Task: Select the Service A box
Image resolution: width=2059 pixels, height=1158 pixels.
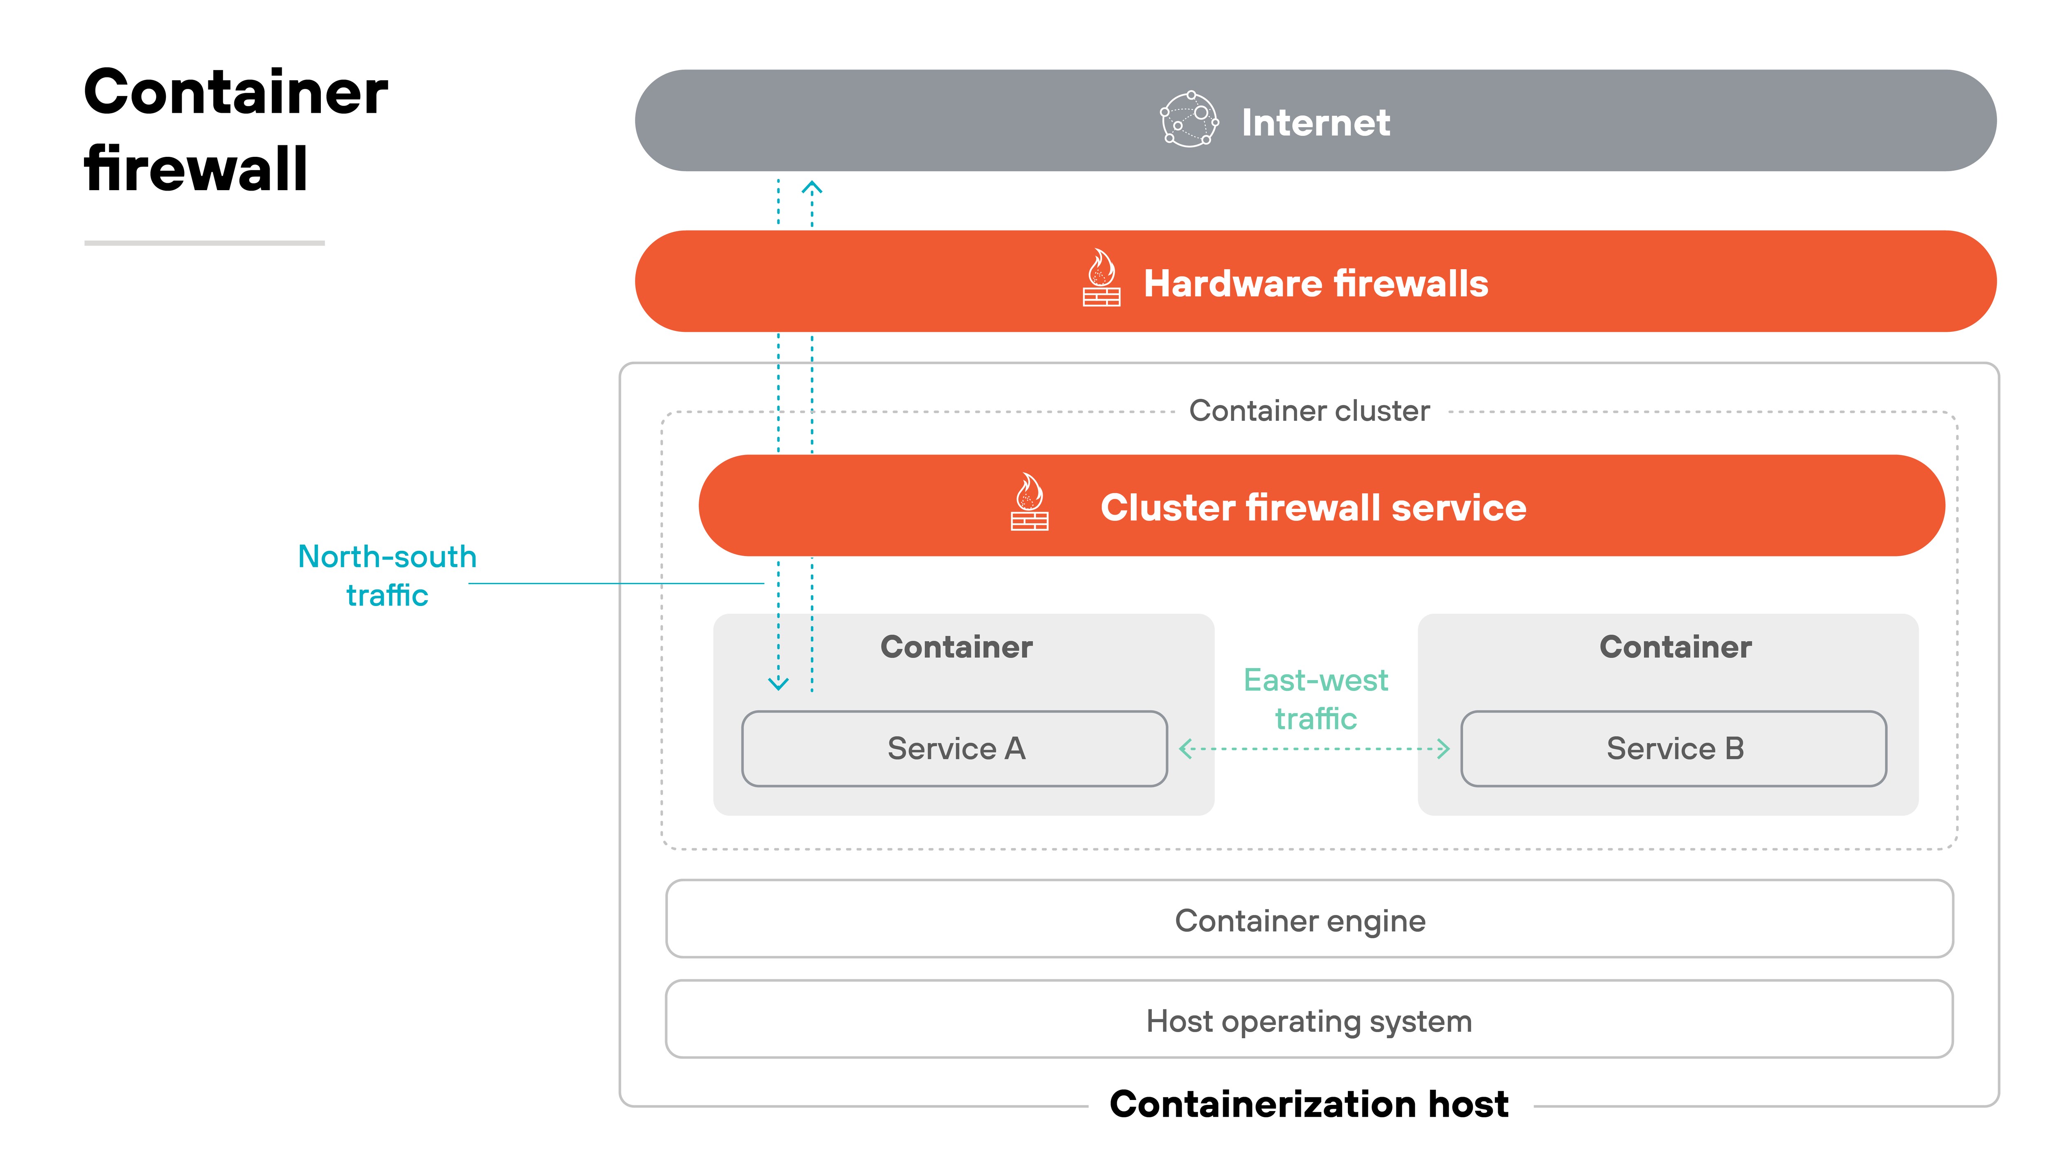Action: coord(955,749)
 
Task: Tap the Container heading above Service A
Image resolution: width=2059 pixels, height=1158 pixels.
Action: coord(956,647)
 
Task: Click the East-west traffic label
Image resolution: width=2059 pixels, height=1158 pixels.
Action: coord(1316,699)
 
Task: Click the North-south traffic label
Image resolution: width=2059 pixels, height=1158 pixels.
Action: coord(387,576)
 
